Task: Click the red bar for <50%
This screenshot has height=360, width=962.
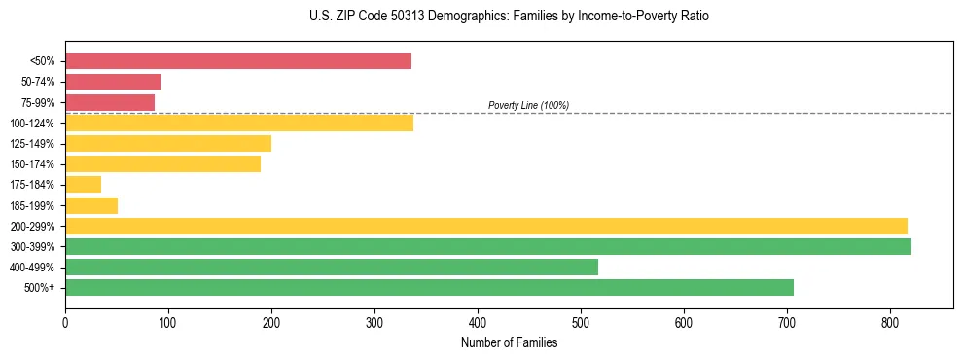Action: [x=238, y=61]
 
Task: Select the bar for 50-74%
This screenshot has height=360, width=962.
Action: [x=113, y=82]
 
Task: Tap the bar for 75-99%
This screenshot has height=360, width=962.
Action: [x=110, y=102]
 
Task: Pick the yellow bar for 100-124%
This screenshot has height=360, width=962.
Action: [x=239, y=123]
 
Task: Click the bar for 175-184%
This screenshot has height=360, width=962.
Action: [x=83, y=185]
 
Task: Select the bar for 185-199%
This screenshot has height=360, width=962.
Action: [x=91, y=205]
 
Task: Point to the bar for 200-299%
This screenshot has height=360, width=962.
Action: [x=486, y=226]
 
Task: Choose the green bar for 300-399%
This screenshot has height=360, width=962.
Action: [x=488, y=246]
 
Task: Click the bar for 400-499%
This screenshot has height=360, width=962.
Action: [x=332, y=267]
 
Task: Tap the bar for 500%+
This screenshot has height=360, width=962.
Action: [x=429, y=287]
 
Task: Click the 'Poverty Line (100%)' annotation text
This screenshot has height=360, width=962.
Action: [x=528, y=105]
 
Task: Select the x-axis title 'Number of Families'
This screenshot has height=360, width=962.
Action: [x=509, y=342]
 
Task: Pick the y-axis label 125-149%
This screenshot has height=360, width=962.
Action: [x=32, y=144]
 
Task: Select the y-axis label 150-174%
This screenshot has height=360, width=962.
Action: [x=32, y=164]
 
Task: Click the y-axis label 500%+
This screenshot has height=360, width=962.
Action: [x=38, y=288]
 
